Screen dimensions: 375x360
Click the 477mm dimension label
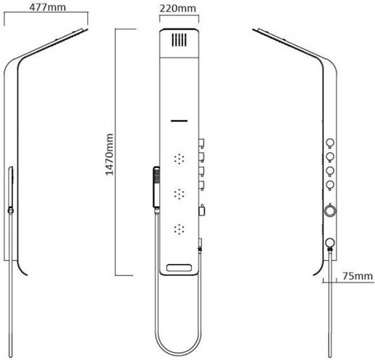[47, 7]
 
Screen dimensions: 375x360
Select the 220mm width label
[177, 9]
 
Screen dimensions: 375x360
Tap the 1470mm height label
[110, 154]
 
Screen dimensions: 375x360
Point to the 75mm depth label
[358, 276]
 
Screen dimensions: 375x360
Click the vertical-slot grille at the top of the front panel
[179, 40]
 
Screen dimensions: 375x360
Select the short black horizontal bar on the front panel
[179, 121]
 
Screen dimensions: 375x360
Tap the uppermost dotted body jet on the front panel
[179, 159]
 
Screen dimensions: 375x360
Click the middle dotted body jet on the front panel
[179, 193]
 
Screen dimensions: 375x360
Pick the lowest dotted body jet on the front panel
[179, 229]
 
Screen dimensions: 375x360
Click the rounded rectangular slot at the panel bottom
[179, 268]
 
